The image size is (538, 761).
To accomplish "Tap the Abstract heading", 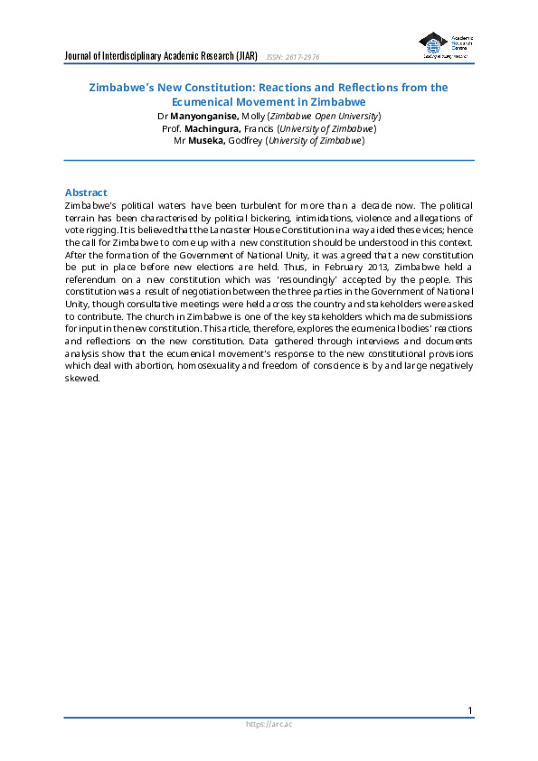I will tap(86, 193).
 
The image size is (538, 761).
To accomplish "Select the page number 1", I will tap(470, 711).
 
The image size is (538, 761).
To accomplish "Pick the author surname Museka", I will tap(206, 140).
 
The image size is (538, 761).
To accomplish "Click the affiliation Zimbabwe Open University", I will tap(334, 117).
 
